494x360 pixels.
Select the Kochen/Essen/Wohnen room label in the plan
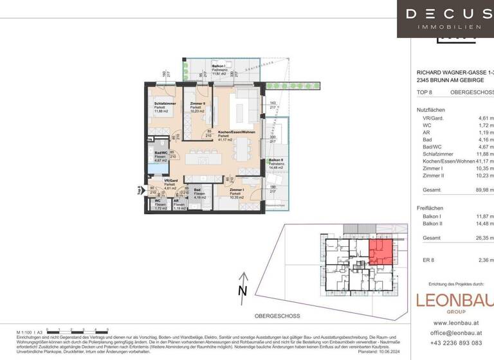(x=236, y=132)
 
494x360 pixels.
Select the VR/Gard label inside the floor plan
(x=170, y=181)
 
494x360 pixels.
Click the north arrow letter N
(x=242, y=291)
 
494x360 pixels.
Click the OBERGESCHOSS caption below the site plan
(x=274, y=316)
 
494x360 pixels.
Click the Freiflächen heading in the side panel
(x=430, y=208)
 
